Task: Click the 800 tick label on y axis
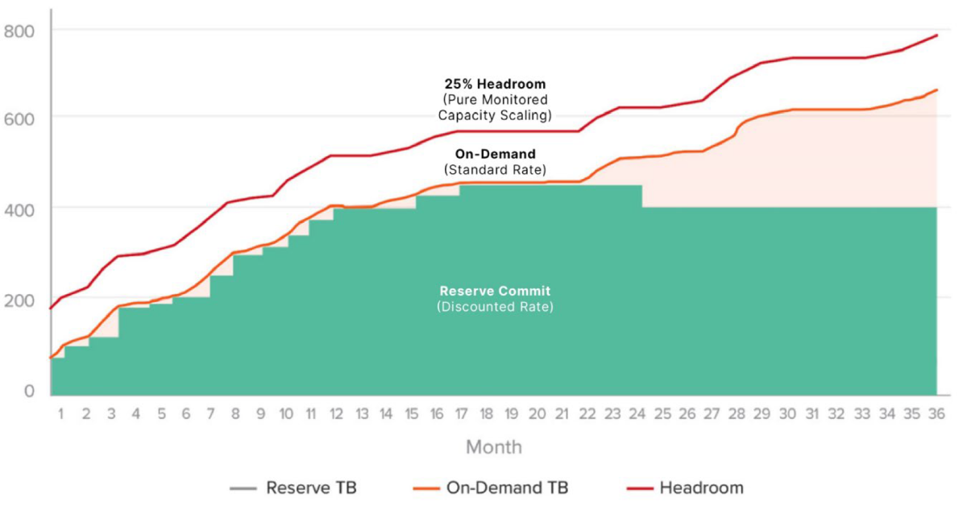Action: pos(19,31)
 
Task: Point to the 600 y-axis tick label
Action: pos(19,118)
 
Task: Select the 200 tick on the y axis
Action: pos(19,301)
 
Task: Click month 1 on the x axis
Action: pos(60,414)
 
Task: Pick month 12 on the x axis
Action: pos(336,414)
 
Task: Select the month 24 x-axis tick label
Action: pos(637,414)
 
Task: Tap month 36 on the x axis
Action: pos(936,414)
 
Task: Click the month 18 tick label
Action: pos(486,414)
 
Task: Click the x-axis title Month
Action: pos(493,447)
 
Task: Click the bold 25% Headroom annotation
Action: pos(495,84)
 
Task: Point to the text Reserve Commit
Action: pos(495,291)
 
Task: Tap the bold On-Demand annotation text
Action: pos(495,154)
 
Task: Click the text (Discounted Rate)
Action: pos(495,307)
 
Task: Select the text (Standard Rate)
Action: pos(495,170)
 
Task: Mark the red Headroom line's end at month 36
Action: pos(936,35)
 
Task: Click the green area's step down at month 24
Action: pos(642,197)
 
